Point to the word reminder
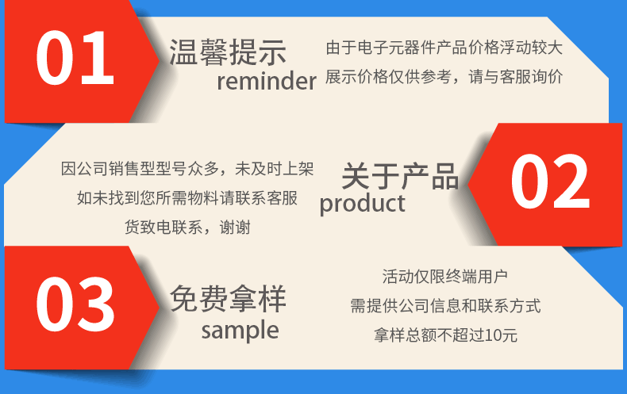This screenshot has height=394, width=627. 266,81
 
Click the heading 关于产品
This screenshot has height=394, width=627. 400,176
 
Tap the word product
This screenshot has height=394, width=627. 362,204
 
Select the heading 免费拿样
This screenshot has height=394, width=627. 228,299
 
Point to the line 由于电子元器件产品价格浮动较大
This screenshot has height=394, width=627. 444,48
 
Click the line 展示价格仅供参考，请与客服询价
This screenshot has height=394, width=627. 444,78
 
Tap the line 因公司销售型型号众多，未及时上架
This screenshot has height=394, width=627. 187,169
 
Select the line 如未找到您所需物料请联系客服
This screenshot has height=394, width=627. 187,198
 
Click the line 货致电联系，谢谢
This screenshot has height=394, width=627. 187,228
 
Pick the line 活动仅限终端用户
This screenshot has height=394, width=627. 444,277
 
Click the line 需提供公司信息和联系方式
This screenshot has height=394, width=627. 444,306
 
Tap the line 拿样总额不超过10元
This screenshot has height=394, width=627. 444,335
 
